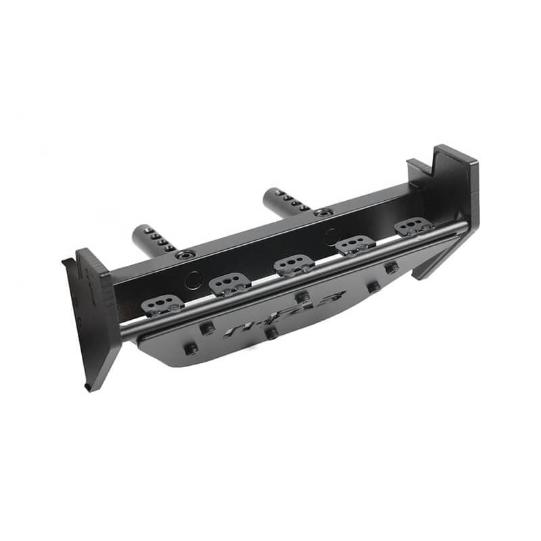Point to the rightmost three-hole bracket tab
click(413, 227)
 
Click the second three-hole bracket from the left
click(229, 284)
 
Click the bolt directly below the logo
click(270, 333)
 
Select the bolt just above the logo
click(302, 296)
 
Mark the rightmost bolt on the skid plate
click(392, 267)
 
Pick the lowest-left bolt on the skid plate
click(191, 349)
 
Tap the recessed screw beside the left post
click(185, 256)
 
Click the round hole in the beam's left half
click(194, 279)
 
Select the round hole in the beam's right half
click(331, 237)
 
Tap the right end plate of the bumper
click(453, 203)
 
